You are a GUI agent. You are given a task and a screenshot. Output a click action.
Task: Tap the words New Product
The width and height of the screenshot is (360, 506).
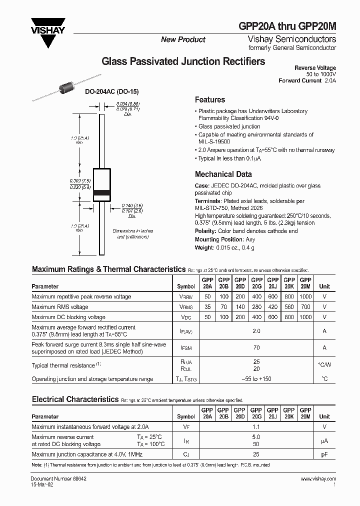click(x=183, y=39)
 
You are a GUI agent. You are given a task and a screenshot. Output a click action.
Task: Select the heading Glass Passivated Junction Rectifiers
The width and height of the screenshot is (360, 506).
click(x=183, y=62)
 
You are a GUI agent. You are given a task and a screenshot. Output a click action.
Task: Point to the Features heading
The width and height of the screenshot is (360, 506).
click(x=209, y=99)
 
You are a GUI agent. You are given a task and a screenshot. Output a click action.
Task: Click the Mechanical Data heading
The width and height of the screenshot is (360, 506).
click(x=223, y=174)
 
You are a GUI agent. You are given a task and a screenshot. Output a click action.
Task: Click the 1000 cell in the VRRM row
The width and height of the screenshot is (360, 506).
click(x=305, y=296)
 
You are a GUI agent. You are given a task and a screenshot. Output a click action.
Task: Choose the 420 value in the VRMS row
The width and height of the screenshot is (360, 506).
click(x=272, y=307)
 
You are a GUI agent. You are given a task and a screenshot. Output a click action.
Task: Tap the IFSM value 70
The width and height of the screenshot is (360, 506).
click(x=256, y=347)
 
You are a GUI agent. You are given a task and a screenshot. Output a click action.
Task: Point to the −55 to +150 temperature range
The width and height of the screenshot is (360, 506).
click(x=256, y=379)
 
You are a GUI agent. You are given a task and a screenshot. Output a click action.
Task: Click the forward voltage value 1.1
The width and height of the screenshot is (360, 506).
click(x=256, y=427)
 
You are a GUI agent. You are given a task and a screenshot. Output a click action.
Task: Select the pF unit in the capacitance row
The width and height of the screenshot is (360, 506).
click(x=324, y=454)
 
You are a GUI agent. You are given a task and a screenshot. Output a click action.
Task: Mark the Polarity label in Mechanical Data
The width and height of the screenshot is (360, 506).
click(x=205, y=231)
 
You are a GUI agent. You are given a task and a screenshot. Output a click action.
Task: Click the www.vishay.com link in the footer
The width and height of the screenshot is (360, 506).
click(x=318, y=479)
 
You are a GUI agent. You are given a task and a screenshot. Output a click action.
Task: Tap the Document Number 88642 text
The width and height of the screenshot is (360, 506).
click(x=55, y=479)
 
